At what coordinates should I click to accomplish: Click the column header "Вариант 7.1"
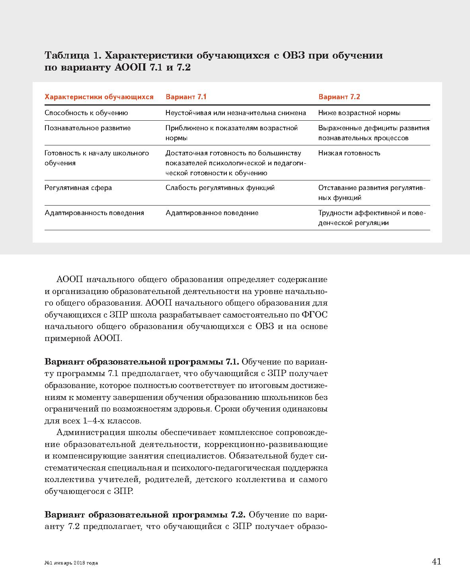point(186,97)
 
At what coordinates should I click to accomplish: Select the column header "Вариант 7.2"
point(339,97)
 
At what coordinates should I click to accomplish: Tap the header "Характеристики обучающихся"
point(99,97)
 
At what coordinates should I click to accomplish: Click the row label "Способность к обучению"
point(86,113)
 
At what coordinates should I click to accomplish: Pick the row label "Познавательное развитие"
point(88,128)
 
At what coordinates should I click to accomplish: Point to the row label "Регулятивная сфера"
point(78,188)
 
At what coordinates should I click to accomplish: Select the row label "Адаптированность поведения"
point(94,213)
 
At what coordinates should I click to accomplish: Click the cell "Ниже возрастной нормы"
point(359,113)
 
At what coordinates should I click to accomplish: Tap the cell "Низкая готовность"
point(349,153)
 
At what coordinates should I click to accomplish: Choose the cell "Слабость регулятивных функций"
point(220,188)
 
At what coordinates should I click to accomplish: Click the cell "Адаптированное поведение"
point(212,213)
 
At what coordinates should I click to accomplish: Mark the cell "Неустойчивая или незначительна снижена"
point(236,113)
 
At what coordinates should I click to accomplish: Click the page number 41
point(436,562)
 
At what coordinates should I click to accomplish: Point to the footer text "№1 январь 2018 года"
point(71,563)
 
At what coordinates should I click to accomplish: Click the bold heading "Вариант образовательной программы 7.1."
point(142,362)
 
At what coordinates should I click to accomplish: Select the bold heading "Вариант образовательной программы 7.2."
point(146,515)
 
